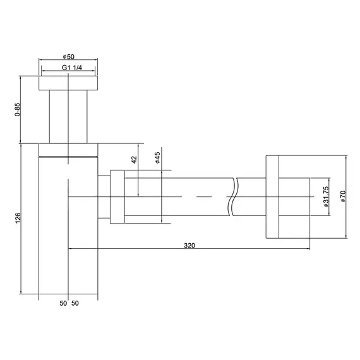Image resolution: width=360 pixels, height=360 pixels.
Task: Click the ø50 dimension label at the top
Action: [x=68, y=57]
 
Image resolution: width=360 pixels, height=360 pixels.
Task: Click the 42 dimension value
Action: [x=134, y=159]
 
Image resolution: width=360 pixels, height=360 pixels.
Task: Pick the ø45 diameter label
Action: [x=158, y=158]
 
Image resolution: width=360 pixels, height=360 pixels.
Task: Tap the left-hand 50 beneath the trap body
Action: [x=63, y=304]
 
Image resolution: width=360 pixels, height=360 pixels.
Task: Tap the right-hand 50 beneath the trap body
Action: [x=75, y=304]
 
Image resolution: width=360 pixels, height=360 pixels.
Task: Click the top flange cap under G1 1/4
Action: [x=68, y=83]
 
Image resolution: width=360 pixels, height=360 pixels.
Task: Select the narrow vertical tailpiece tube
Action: [x=68, y=117]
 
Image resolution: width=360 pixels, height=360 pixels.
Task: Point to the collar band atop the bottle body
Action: [x=68, y=149]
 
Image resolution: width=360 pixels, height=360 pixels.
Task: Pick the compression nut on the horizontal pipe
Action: [x=117, y=196]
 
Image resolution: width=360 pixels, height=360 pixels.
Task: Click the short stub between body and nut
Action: [x=104, y=196]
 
